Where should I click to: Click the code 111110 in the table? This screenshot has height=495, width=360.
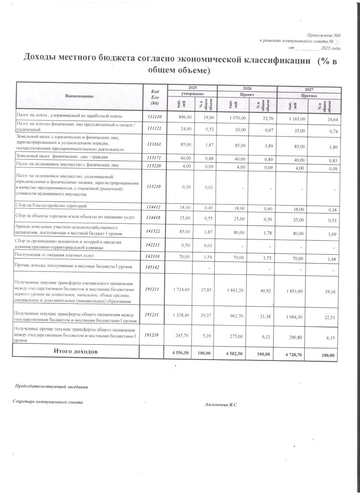point(154,117)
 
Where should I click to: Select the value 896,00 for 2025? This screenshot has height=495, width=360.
point(185,117)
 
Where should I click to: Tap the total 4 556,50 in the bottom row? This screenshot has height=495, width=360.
point(182,353)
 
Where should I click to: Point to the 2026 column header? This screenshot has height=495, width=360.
point(247,88)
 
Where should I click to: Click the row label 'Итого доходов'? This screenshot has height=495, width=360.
point(75,351)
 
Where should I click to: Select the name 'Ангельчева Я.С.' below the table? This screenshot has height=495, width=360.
point(221,405)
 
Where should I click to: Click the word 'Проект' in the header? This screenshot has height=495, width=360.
point(247,94)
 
